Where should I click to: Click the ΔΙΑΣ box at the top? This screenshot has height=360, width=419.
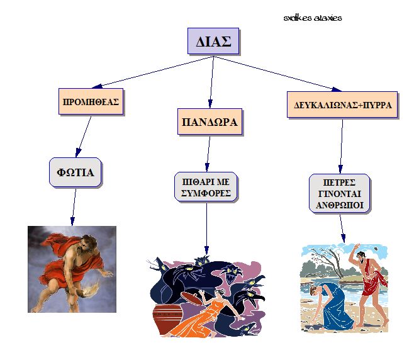pyautogui.click(x=213, y=41)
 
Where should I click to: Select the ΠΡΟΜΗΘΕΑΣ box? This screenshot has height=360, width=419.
pyautogui.click(x=91, y=102)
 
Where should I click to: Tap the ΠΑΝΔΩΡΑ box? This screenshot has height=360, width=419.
pyautogui.click(x=209, y=122)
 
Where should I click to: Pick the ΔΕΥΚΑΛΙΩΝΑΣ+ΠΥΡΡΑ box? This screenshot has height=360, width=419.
pyautogui.click(x=342, y=104)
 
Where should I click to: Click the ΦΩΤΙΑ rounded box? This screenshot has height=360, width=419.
pyautogui.click(x=75, y=172)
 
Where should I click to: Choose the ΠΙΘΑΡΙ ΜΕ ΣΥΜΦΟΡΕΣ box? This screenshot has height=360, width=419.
pyautogui.click(x=206, y=187)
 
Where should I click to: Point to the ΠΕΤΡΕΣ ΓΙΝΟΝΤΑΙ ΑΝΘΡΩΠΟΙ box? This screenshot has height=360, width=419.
pyautogui.click(x=340, y=194)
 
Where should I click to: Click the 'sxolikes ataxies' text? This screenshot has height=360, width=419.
pyautogui.click(x=313, y=18)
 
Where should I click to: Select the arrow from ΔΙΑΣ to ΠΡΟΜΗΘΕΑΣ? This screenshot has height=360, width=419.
pyautogui.click(x=153, y=72)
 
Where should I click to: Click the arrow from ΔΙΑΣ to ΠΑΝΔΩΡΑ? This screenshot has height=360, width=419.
pyautogui.click(x=212, y=82)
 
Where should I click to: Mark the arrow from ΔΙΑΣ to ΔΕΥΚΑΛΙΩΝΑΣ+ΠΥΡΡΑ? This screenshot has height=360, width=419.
pyautogui.click(x=277, y=74)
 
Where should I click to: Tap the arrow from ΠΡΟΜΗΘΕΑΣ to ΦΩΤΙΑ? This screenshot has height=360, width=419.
pyautogui.click(x=84, y=137)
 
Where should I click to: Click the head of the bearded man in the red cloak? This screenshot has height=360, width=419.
pyautogui.click(x=86, y=242)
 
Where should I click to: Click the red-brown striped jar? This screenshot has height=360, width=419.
pyautogui.click(x=167, y=317)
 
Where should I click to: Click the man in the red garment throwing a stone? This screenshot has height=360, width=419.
pyautogui.click(x=369, y=286)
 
